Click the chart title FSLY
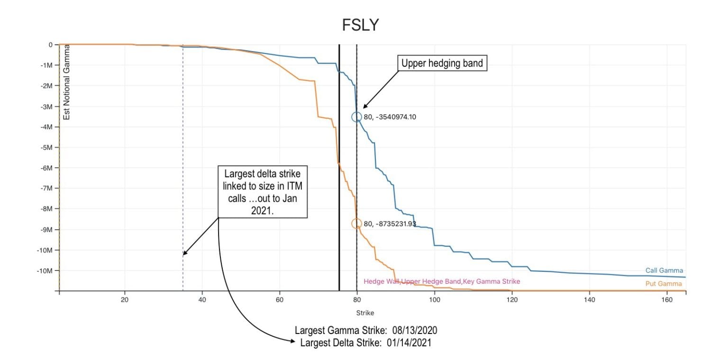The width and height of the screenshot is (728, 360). click(360, 25)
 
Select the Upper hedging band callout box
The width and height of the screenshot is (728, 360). click(442, 63)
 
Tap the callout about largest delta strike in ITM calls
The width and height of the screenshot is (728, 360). click(263, 192)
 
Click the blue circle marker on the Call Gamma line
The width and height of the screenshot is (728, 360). click(357, 117)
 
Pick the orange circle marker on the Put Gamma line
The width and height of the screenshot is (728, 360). click(357, 224)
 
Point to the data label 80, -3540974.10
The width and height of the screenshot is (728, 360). click(390, 117)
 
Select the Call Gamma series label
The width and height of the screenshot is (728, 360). click(664, 270)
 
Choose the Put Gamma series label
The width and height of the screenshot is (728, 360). click(664, 284)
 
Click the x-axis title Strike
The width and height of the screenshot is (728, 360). click(365, 313)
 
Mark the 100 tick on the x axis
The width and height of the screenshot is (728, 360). click(435, 300)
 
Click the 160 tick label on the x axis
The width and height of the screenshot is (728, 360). click(667, 300)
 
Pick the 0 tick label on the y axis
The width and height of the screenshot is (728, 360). click(50, 45)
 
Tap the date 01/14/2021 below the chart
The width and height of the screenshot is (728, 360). click(407, 342)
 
